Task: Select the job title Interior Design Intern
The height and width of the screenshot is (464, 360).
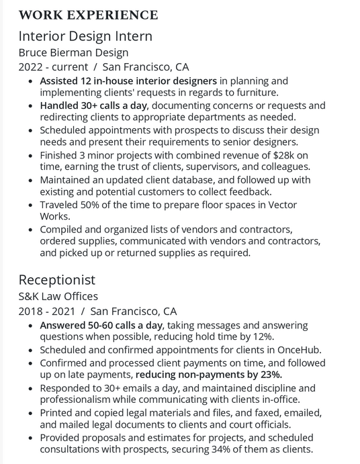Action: point(85,36)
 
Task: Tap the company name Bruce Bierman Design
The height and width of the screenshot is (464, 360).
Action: point(73,52)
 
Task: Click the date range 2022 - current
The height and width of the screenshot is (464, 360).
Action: point(53,67)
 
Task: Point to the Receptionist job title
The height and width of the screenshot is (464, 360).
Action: point(57,279)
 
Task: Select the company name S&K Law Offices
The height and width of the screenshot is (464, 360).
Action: point(58,296)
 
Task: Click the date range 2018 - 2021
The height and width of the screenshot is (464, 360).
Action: point(46,311)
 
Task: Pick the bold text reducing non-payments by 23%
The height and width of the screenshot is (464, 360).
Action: point(209,374)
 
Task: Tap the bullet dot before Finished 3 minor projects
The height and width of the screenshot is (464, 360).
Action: point(31,155)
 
